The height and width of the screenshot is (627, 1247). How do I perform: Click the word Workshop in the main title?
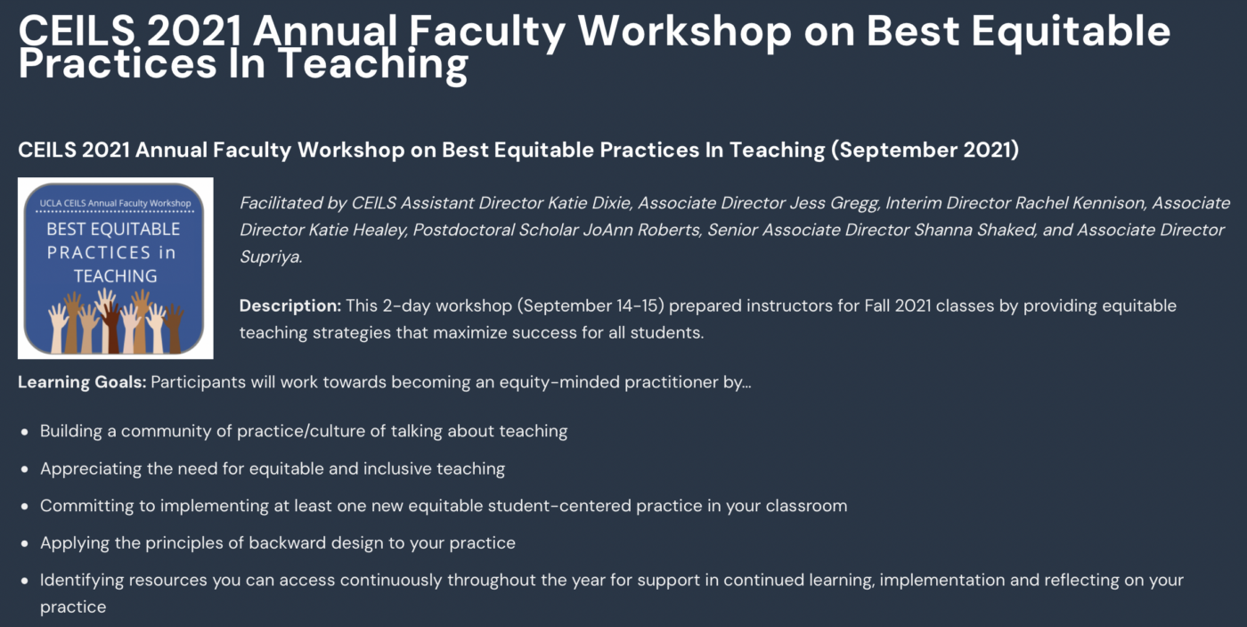click(x=684, y=31)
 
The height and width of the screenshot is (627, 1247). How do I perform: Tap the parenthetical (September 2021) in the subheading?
click(x=925, y=151)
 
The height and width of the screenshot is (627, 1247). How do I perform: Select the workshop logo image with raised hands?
click(x=115, y=268)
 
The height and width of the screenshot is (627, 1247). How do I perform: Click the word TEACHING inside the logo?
click(x=115, y=275)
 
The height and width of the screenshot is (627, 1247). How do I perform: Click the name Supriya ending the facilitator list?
click(x=271, y=257)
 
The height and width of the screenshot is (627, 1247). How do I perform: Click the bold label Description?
click(x=290, y=305)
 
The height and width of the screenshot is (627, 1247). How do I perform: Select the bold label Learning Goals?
click(x=82, y=382)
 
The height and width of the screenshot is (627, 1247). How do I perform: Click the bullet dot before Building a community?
click(x=25, y=432)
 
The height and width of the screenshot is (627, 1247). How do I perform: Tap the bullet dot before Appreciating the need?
click(x=25, y=469)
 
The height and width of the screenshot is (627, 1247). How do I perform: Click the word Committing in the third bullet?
click(x=87, y=506)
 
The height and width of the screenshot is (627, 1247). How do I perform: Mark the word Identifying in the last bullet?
click(x=82, y=581)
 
